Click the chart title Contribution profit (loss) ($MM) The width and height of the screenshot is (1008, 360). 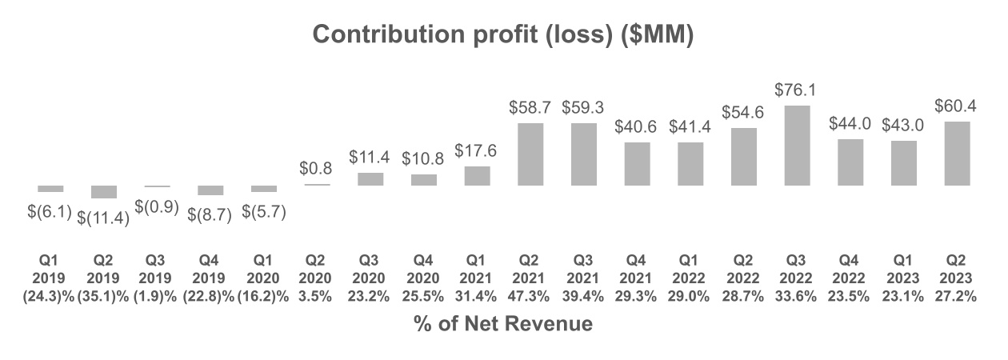tap(502, 35)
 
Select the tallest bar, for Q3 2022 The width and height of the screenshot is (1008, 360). tap(797, 146)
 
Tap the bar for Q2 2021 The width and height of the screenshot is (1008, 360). tap(530, 154)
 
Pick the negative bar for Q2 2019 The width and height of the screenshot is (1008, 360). tap(104, 192)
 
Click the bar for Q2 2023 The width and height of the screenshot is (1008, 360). tap(957, 154)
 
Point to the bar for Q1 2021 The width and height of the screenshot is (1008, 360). tap(477, 176)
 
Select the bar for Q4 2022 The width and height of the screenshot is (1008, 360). tap(850, 162)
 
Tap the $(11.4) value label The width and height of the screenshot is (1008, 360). tap(104, 218)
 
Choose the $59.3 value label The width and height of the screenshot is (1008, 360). tap(583, 108)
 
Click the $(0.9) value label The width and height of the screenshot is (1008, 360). tap(157, 206)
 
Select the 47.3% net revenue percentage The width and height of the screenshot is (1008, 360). tap(530, 294)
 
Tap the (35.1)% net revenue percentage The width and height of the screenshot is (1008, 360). tap(104, 294)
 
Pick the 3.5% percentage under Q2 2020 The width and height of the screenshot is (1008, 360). tap(317, 294)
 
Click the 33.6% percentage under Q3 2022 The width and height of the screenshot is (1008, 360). tap(797, 294)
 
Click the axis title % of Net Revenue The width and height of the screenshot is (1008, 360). tap(503, 324)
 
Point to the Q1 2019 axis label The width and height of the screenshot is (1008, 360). tap(50, 270)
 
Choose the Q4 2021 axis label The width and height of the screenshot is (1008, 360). tap(637, 270)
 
